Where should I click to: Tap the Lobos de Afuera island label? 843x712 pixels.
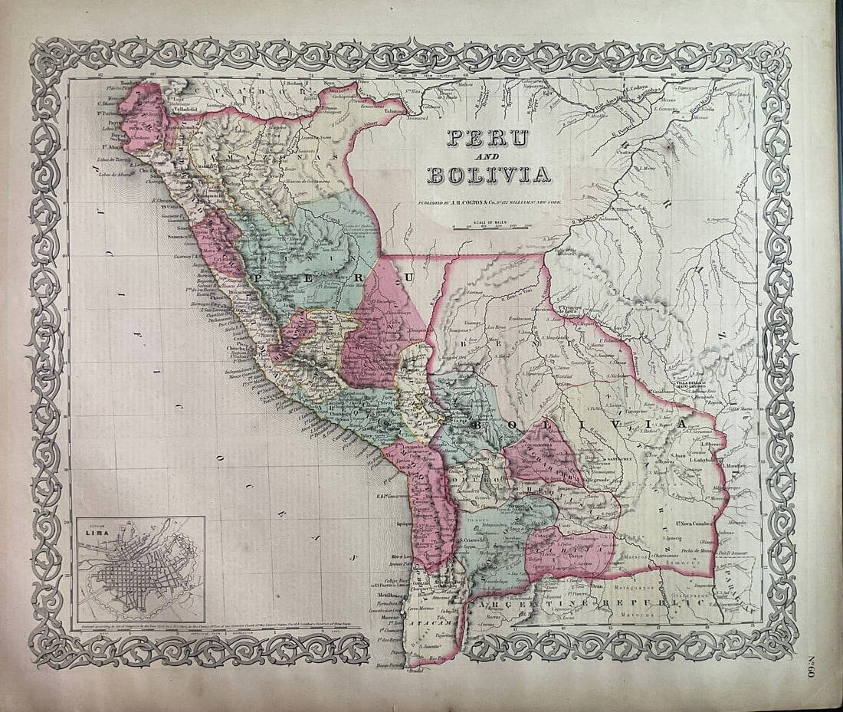[x=116, y=174]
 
